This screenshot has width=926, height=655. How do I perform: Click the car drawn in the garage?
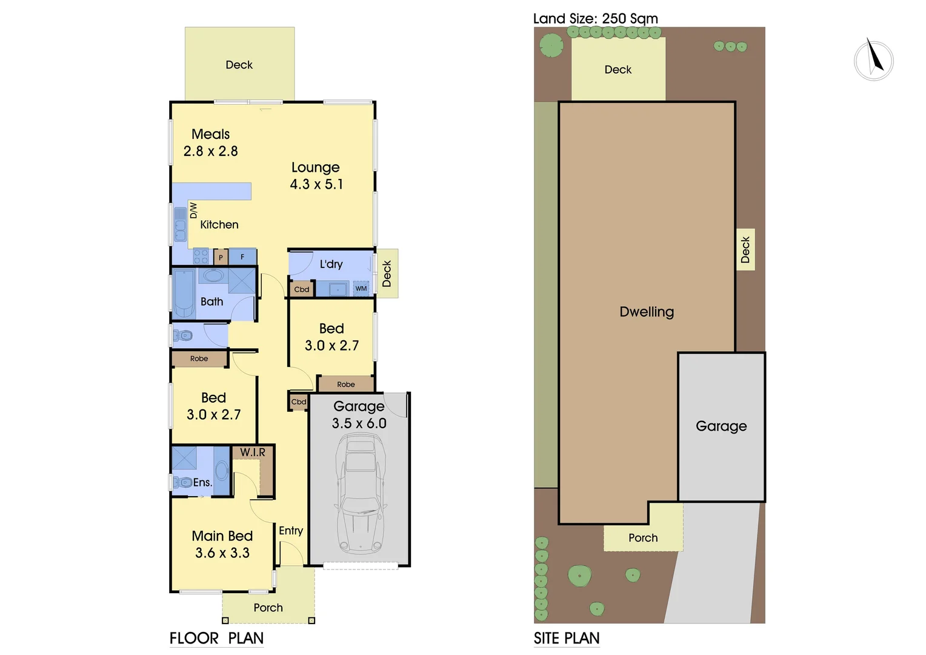(x=361, y=494)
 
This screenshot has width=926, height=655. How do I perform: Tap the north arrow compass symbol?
(x=873, y=61)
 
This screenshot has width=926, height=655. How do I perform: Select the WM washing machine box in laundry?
(x=361, y=289)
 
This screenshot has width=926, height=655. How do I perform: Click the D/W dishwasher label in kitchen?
(x=193, y=210)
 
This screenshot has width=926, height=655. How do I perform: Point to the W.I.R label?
(x=253, y=452)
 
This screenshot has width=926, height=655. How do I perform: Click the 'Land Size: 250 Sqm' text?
(x=595, y=19)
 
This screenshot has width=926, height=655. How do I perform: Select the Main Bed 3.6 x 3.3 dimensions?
(x=222, y=553)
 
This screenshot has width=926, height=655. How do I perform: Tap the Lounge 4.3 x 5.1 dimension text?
(x=316, y=184)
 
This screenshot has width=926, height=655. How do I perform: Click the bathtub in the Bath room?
(x=184, y=293)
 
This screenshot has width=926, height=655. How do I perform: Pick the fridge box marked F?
(x=242, y=257)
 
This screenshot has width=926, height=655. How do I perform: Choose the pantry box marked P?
(x=221, y=258)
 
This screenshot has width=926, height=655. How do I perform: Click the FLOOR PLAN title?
(x=216, y=638)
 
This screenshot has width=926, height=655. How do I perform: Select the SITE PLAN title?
(x=566, y=638)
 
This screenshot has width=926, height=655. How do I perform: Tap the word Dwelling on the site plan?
(x=647, y=312)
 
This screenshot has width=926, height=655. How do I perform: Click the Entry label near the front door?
(x=291, y=531)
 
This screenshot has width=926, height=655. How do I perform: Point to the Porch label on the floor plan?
(x=268, y=608)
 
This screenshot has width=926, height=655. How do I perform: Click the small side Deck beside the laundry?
(x=387, y=274)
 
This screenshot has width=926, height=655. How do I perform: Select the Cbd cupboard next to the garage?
(x=299, y=401)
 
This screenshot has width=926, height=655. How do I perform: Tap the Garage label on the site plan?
(x=721, y=426)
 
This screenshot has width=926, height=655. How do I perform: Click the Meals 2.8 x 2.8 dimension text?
(x=211, y=151)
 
